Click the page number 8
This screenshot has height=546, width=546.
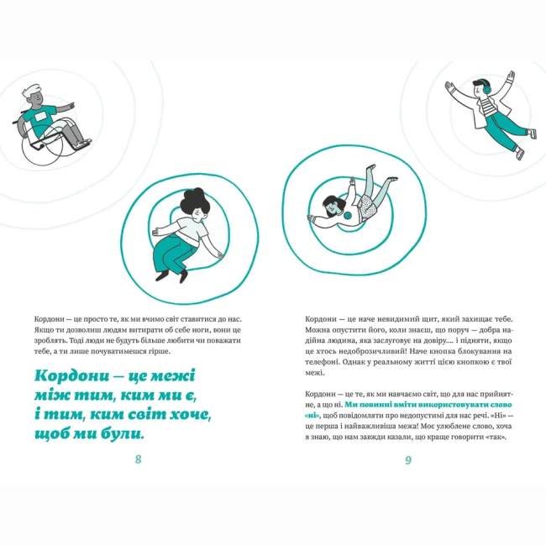[x=138, y=459]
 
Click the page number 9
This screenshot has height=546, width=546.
[x=407, y=459]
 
